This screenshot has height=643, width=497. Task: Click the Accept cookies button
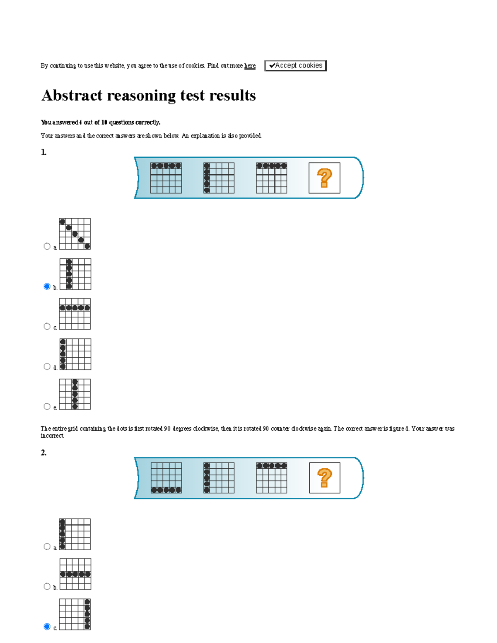pos(295,66)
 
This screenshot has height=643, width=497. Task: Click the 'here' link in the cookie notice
pos(250,66)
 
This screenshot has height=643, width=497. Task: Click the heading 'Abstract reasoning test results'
pos(149,96)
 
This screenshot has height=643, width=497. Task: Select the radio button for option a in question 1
pos(47,246)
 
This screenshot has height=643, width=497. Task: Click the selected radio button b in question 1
pos(47,287)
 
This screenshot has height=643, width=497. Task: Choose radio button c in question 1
pos(47,326)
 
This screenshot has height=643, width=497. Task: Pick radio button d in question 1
pos(47,366)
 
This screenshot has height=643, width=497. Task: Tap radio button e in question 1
pos(47,407)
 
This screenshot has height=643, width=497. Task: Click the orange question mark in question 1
pos(324,178)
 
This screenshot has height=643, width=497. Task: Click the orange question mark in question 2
pos(325,478)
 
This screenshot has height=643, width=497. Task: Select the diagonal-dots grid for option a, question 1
pos(75,234)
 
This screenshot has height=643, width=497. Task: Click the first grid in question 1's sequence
pos(166,178)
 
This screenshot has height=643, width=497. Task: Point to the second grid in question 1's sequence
pos(219,178)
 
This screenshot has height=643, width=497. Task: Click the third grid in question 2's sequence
pos(271,478)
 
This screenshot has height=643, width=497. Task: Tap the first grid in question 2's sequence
pos(166,478)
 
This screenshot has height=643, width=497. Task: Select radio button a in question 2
pos(47,547)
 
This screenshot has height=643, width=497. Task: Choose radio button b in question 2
pos(47,586)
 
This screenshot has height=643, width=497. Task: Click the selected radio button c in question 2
pos(47,626)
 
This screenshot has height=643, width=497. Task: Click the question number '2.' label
pos(43,453)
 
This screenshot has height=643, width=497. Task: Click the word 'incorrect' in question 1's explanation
pos(52,436)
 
